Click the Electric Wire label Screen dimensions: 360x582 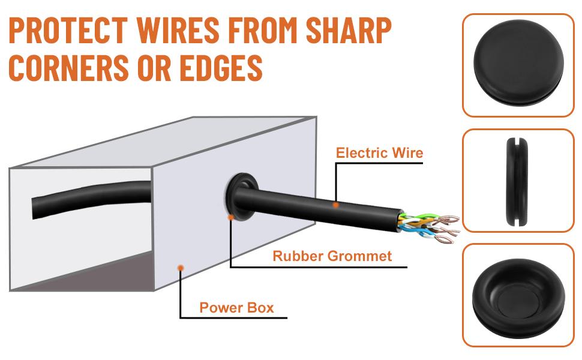[379, 153]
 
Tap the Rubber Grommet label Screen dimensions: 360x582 [332, 256]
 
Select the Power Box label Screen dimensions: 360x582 [236, 308]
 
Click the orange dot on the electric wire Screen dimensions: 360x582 [336, 205]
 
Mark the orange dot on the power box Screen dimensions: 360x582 [181, 267]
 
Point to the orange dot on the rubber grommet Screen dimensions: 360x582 [231, 217]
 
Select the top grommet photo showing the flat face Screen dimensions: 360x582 [519, 64]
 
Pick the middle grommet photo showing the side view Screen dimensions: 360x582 [519, 180]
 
